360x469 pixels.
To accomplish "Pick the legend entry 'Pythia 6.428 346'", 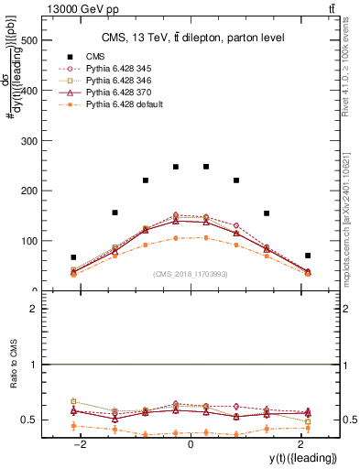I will pos(121,81).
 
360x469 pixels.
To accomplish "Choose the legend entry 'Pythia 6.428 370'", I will pos(121,93).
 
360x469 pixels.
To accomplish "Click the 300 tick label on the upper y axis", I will pos(29,141).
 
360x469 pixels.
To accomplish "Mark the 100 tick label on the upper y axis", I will pos(29,241).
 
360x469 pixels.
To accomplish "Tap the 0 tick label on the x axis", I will pos(190,444).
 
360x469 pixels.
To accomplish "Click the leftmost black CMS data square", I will pos(73,257).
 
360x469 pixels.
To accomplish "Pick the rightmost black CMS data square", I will pos(308,256).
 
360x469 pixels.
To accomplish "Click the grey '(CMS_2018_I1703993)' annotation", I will pos(190,273).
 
